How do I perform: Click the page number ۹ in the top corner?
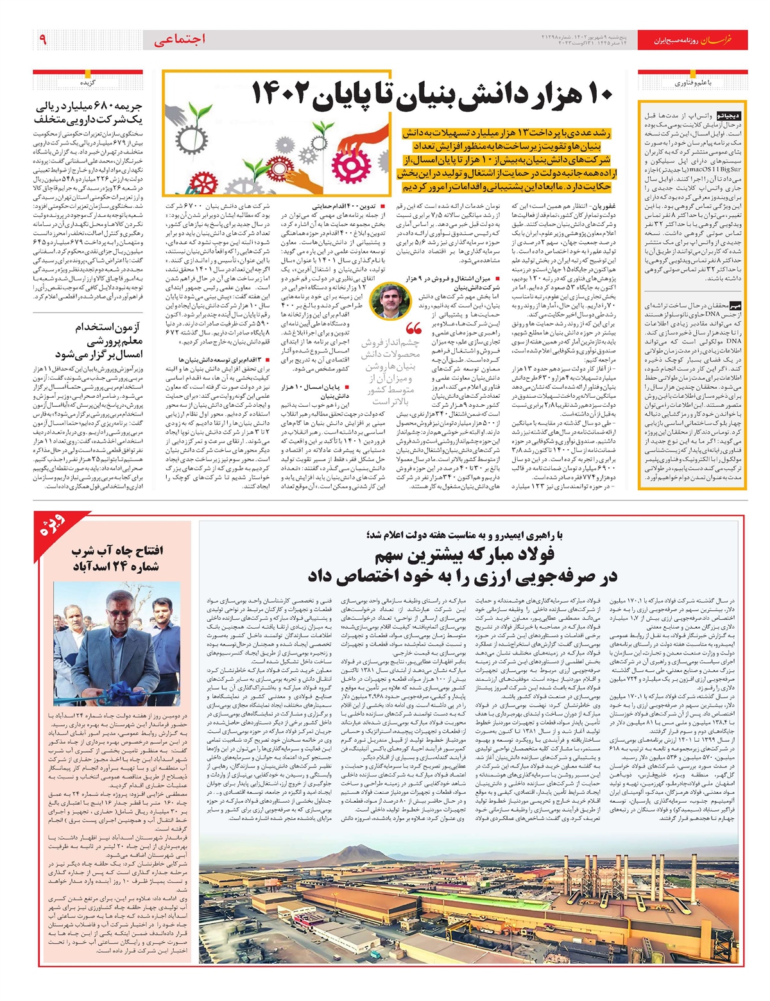pyautogui.click(x=43, y=40)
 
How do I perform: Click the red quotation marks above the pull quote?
pyautogui.click(x=414, y=330)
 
